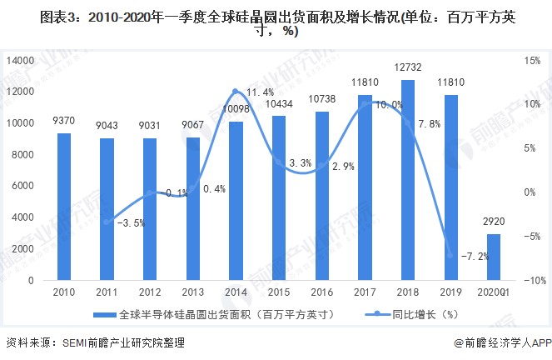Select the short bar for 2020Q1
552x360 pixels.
(x=495, y=257)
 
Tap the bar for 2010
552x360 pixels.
(x=64, y=207)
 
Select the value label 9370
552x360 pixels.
(x=64, y=122)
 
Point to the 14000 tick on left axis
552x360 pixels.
(x=20, y=60)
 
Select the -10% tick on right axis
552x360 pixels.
(x=534, y=281)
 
